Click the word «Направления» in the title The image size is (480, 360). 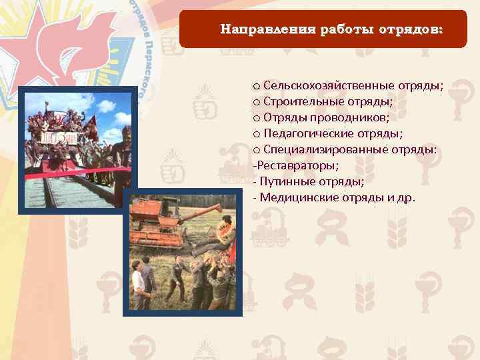click(260, 30)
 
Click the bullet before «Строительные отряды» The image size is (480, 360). click(257, 102)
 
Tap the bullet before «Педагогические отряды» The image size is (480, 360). click(257, 134)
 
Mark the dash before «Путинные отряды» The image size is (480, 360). click(255, 181)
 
